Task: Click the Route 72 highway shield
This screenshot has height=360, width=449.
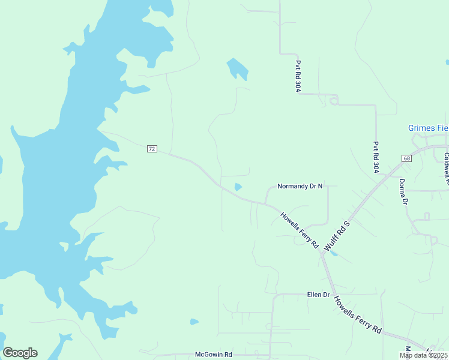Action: point(152,148)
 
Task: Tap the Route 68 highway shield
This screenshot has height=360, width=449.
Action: point(406,158)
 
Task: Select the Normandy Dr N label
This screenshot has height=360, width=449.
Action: point(300,187)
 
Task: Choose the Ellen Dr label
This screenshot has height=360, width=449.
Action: point(318,295)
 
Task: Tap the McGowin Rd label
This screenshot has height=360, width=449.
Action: point(213,355)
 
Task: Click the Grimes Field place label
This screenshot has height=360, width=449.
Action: point(428,128)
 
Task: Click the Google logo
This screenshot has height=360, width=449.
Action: point(20,353)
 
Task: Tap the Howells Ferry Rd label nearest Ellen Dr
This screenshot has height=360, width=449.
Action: point(358,315)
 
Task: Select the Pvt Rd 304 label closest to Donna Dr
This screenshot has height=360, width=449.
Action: point(376,157)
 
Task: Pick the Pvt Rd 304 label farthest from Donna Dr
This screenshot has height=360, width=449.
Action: point(298,76)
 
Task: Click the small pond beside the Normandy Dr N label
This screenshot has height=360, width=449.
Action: point(238,187)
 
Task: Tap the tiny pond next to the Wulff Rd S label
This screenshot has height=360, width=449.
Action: point(334,254)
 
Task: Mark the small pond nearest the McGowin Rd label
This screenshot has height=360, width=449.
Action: point(194,322)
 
